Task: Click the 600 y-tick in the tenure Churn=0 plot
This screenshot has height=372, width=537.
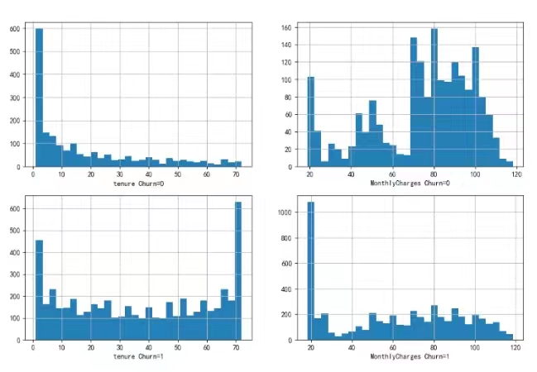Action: click(14, 29)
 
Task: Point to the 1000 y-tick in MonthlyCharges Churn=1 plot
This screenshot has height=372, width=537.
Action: click(284, 212)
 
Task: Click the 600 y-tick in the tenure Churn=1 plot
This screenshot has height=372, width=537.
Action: click(14, 209)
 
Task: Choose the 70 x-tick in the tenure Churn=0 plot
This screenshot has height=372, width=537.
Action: click(235, 174)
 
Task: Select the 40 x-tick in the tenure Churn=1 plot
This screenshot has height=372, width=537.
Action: click(149, 347)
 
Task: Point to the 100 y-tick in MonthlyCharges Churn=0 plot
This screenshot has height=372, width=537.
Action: click(286, 80)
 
